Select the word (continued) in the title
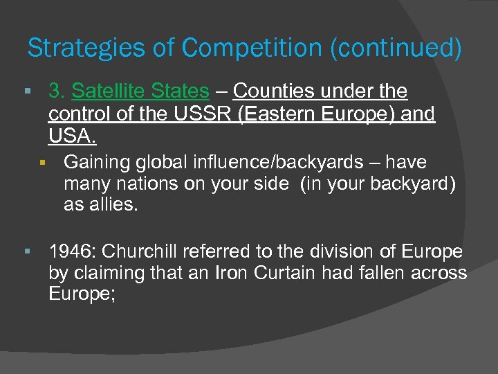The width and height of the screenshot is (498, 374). [397, 48]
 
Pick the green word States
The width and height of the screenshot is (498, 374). [178, 91]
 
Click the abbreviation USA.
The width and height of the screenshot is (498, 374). [70, 135]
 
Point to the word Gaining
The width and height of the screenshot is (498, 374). [93, 162]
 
